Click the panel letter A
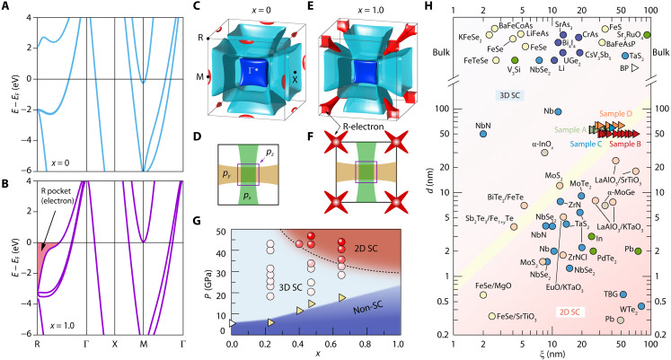click(x=6, y=6)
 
